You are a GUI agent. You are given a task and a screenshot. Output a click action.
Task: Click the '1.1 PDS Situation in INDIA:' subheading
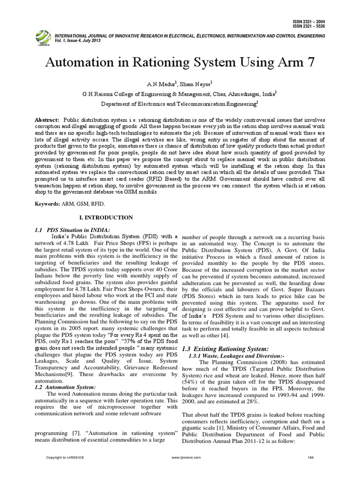point(73,229)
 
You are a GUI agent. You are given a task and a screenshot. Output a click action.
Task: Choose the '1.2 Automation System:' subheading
point(66,387)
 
